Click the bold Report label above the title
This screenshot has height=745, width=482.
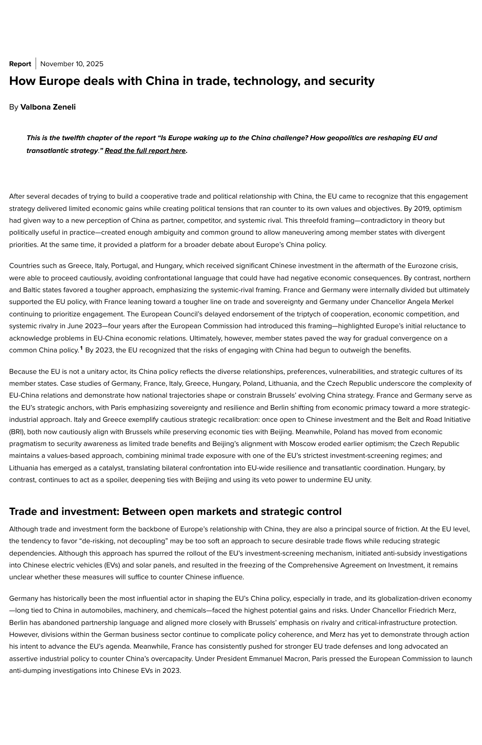click(20, 64)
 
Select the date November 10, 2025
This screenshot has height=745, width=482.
click(72, 64)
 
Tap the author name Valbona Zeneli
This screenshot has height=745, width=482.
click(48, 107)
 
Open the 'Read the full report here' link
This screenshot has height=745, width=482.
click(145, 151)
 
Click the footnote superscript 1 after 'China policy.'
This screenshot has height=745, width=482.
click(81, 349)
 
